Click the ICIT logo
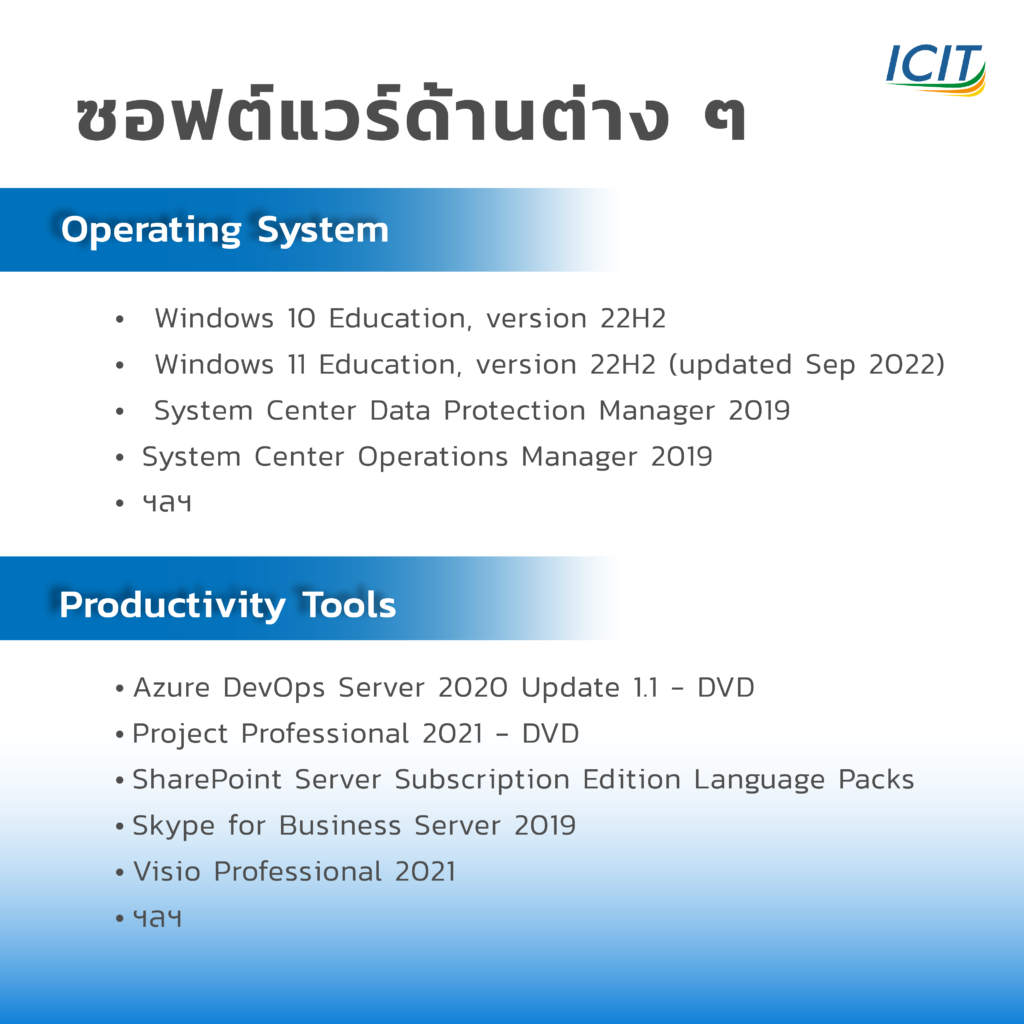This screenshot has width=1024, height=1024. pyautogui.click(x=935, y=69)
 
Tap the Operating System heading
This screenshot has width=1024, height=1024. pyautogui.click(x=225, y=230)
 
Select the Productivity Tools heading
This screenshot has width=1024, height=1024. pyautogui.click(x=227, y=605)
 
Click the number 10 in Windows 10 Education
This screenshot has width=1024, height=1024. pyautogui.click(x=301, y=319)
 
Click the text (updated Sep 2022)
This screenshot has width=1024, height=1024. pyautogui.click(x=807, y=365)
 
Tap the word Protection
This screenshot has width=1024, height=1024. pyautogui.click(x=515, y=411)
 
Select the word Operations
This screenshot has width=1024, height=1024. pyautogui.click(x=432, y=457)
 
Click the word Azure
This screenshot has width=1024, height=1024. pyautogui.click(x=172, y=688)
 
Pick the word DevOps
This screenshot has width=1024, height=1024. pyautogui.click(x=274, y=688)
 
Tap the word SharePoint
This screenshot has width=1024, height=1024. pyautogui.click(x=207, y=780)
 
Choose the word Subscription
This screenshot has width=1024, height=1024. pyautogui.click(x=482, y=780)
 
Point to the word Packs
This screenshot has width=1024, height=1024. pyautogui.click(x=876, y=780)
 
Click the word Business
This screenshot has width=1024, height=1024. pyautogui.click(x=340, y=826)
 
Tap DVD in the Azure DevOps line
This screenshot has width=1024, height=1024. pyautogui.click(x=726, y=688)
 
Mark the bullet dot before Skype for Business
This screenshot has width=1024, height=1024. pyautogui.click(x=120, y=827)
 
